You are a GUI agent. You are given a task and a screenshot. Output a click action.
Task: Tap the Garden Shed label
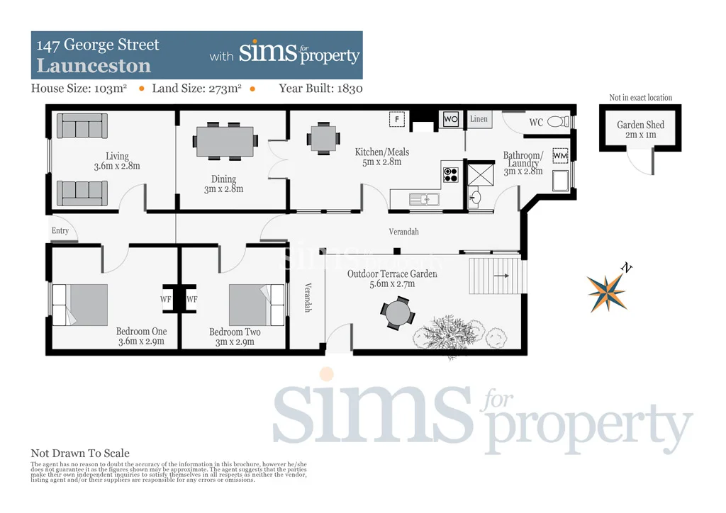click(x=640, y=125)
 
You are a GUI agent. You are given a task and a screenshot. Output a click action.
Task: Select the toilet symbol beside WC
click(x=559, y=122)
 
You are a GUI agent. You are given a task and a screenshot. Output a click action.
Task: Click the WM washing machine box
click(x=560, y=155)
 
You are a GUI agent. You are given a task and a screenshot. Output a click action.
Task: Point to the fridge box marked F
click(x=398, y=119)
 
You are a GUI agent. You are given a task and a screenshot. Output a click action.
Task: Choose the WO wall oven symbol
click(x=451, y=119)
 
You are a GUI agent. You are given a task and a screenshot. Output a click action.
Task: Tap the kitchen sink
click(x=424, y=199)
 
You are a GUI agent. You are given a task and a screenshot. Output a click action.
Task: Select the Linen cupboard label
click(x=479, y=119)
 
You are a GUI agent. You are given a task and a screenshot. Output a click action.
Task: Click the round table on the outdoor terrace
click(x=396, y=312)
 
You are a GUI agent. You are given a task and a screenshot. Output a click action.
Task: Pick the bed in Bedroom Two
click(x=256, y=305)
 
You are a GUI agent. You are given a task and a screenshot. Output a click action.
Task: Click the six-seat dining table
click(x=225, y=141)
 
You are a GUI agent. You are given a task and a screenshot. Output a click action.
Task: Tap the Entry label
click(x=60, y=230)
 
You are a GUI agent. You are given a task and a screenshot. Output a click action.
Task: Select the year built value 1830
click(x=350, y=89)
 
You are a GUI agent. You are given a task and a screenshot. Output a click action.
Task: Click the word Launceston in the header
click(x=94, y=66)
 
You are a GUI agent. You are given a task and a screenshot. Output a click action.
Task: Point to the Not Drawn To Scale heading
click(x=80, y=453)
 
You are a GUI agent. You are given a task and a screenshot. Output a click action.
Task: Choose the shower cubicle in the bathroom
click(x=479, y=174)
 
